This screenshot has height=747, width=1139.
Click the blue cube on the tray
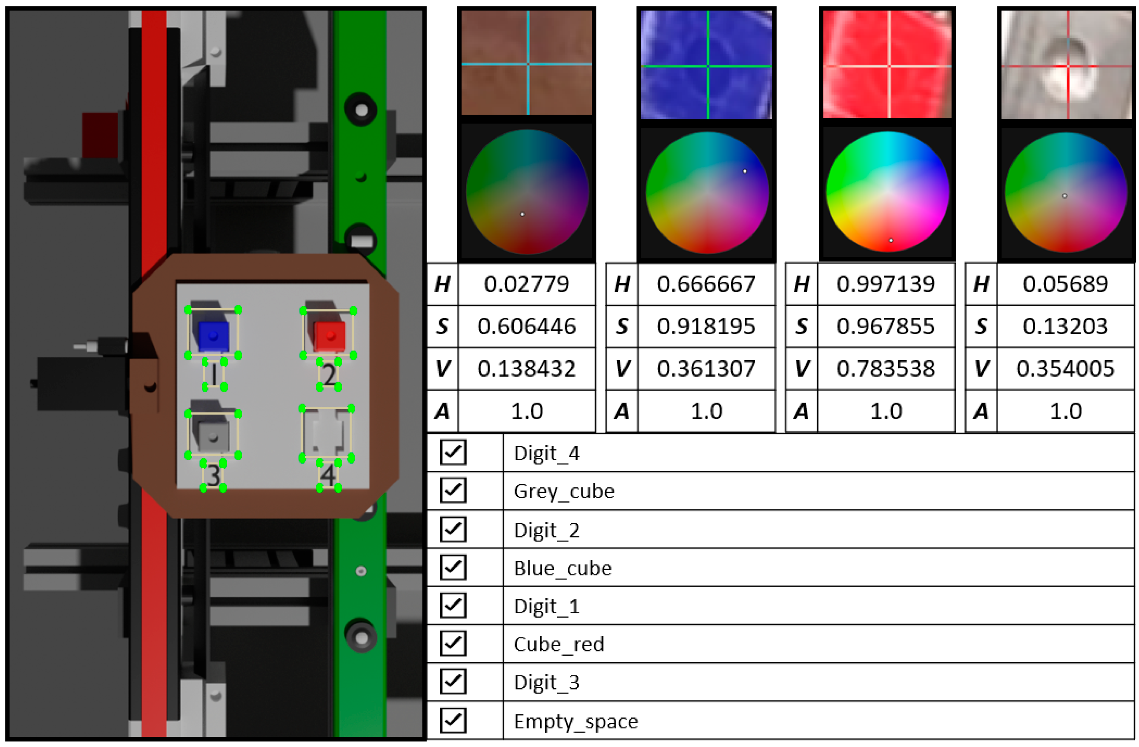[213, 336]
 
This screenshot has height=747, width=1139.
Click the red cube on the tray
[329, 336]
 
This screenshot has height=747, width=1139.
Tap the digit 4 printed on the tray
[328, 475]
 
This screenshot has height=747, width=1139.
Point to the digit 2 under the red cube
[329, 374]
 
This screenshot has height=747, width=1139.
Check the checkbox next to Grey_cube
[452, 490]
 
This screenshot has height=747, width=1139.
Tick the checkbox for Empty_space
[452, 720]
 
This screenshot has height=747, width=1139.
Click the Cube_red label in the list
[558, 644]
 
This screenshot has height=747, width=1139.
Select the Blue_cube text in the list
[562, 568]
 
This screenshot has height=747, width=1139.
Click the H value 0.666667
[706, 284]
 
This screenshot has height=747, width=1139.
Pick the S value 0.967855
[885, 326]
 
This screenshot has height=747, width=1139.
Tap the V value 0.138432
[527, 368]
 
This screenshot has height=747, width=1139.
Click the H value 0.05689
[1065, 284]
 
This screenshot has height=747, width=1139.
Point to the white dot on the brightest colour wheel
[891, 240]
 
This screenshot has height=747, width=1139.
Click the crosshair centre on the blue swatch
[708, 66]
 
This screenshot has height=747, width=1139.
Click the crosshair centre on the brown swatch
[528, 64]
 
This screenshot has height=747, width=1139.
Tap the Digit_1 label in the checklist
[546, 606]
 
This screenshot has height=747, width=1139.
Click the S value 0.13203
[1065, 326]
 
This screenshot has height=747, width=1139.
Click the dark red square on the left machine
[100, 135]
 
